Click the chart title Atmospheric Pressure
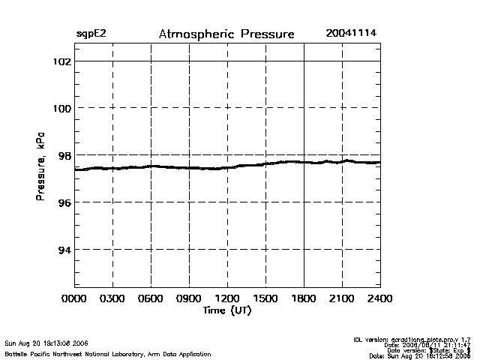(x=226, y=34)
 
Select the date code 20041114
(x=351, y=34)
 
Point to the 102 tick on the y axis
(x=61, y=61)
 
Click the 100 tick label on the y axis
(x=61, y=108)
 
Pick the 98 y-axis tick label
(x=64, y=155)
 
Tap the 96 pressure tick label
(x=64, y=202)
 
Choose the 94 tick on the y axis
(x=64, y=250)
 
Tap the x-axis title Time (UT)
(x=227, y=310)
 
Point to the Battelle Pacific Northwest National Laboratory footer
(x=107, y=353)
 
